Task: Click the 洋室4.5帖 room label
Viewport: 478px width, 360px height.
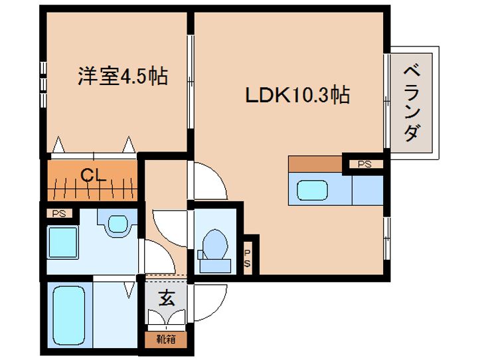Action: tap(123, 76)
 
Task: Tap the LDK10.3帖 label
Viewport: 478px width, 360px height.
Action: tap(297, 95)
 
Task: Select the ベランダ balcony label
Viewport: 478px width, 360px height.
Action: tap(412, 103)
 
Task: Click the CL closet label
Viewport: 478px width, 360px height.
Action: tap(93, 175)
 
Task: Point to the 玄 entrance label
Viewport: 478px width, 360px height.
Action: tap(167, 298)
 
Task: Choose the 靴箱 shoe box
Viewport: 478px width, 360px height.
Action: tap(166, 339)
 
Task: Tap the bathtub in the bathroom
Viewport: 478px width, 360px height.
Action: tap(69, 315)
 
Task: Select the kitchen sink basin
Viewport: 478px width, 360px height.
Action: tap(312, 191)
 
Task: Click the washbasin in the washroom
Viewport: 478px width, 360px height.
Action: tap(118, 223)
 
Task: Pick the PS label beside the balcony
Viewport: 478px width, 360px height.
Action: tap(364, 164)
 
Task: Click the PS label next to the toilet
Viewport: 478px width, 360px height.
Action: tap(247, 258)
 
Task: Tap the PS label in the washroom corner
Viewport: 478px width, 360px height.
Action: tap(59, 214)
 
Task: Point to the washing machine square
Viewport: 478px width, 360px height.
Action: tap(62, 242)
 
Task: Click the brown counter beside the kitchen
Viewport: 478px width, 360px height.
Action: tap(315, 164)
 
